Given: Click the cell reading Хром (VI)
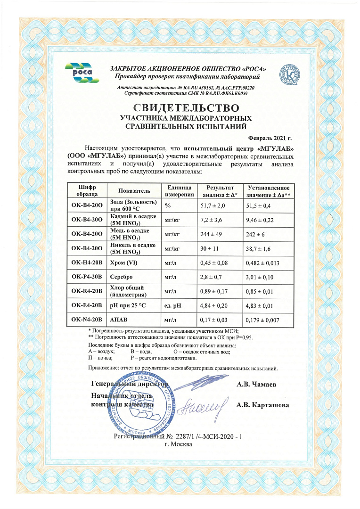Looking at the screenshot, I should click(125, 263).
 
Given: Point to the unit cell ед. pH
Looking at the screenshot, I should click(174, 306).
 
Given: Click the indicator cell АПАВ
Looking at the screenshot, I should click(119, 320).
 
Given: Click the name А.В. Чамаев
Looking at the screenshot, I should click(256, 385).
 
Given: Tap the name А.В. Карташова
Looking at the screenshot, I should click(262, 405).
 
